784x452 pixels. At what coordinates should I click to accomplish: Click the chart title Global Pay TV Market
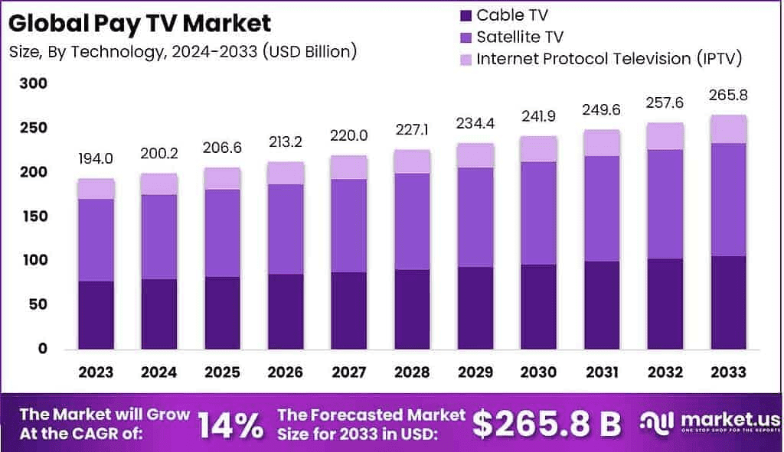coord(140,23)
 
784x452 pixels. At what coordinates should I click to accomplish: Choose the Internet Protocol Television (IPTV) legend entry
coord(609,59)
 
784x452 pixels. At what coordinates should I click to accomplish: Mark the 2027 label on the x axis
coord(348,372)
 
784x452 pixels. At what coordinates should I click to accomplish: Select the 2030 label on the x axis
coord(537,372)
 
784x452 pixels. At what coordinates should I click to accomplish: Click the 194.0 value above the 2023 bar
coord(96,158)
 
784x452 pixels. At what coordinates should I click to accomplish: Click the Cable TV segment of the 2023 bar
coord(96,314)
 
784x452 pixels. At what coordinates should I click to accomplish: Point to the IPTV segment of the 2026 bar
coord(286,173)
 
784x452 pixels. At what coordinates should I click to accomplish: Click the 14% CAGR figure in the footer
coord(230,424)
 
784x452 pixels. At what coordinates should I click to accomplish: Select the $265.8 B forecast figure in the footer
coord(546,424)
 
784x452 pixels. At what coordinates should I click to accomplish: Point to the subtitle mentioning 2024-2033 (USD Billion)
coord(183,53)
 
